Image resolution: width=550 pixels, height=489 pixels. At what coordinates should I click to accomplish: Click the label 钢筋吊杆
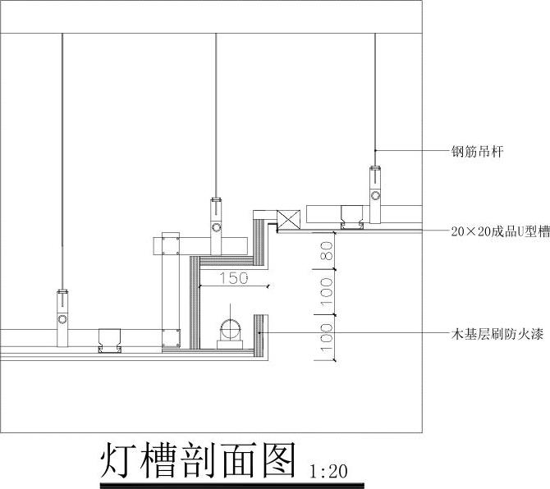tap(476, 152)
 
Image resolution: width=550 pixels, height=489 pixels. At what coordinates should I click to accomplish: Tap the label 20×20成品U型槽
tap(500, 232)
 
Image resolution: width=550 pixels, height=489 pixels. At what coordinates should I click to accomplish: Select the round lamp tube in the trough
tap(231, 330)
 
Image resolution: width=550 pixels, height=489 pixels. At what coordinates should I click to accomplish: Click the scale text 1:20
tap(330, 471)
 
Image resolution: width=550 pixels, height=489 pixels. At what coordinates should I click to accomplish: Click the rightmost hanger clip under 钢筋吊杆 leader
tap(375, 193)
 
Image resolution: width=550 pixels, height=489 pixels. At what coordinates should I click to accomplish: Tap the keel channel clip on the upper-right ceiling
tap(353, 215)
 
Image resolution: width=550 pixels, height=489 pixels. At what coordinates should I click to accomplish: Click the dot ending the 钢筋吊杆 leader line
tap(376, 151)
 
